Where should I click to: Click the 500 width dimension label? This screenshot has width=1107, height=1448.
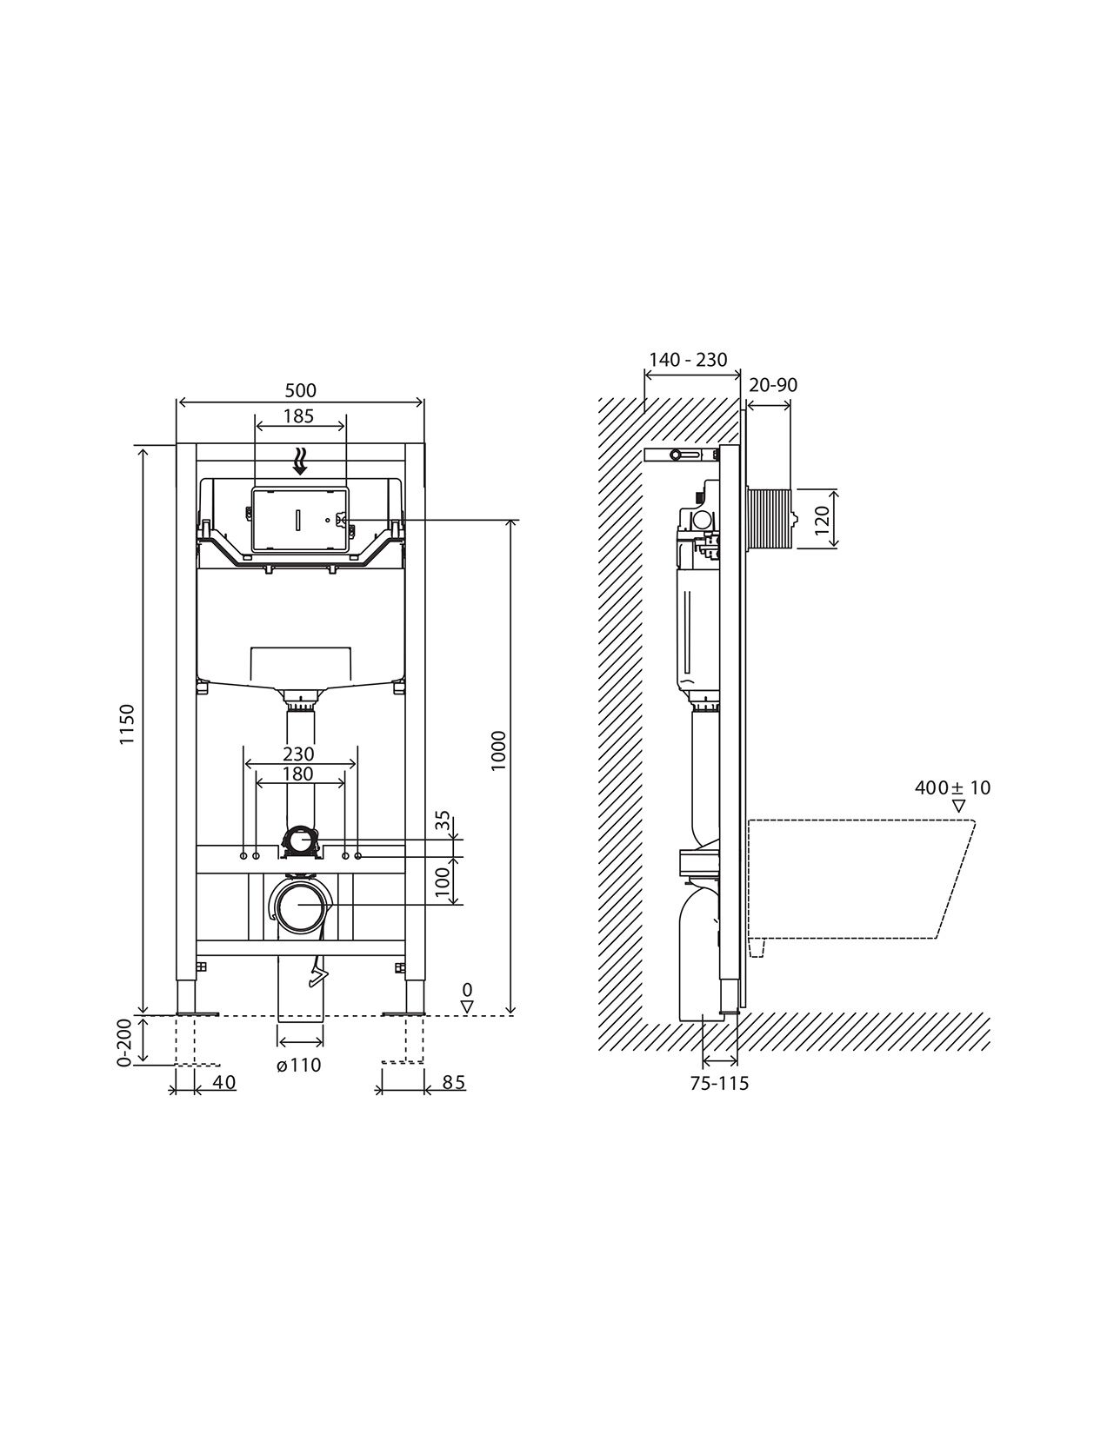(x=300, y=390)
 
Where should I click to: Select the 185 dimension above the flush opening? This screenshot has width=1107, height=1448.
(x=299, y=416)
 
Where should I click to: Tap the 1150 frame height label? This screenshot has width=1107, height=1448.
(x=127, y=724)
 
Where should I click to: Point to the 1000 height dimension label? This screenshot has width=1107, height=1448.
(x=499, y=751)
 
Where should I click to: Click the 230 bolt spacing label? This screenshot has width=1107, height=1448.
(x=298, y=754)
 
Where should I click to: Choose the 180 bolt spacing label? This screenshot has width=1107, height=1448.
(x=298, y=774)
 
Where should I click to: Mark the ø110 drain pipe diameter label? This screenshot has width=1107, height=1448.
(x=299, y=1065)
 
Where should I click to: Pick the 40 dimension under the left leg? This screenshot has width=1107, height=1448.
(x=224, y=1083)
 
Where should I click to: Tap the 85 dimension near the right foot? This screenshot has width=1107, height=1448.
(x=455, y=1083)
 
